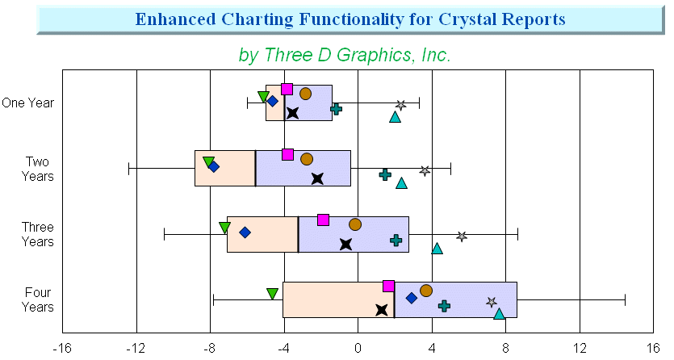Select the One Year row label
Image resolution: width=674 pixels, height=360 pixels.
tap(28, 103)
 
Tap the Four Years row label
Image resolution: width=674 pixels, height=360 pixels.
tap(38, 299)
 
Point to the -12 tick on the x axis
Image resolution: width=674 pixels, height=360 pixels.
tap(136, 348)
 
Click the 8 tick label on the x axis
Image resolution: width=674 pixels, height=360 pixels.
tap(506, 348)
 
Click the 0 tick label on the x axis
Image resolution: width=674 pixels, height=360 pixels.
tap(358, 348)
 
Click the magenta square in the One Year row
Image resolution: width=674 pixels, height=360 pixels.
tap(287, 90)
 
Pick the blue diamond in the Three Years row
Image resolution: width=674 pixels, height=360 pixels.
tap(245, 232)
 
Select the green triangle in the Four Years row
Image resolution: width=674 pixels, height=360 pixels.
tap(273, 294)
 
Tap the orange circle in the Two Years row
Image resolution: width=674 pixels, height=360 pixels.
tap(307, 159)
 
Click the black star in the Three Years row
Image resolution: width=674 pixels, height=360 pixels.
tap(345, 245)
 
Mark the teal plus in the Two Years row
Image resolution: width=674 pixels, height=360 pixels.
tap(385, 174)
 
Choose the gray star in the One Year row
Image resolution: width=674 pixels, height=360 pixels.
tap(400, 105)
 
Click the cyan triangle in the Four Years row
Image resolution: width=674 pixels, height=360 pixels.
tap(499, 314)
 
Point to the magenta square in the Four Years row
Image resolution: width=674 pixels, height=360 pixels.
tap(388, 286)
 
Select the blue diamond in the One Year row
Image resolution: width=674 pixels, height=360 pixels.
tap(272, 102)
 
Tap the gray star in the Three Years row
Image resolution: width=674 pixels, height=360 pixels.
tap(462, 237)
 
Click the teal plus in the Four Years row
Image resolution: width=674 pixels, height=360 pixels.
tap(445, 306)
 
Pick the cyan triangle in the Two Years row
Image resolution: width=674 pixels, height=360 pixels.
tap(401, 183)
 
